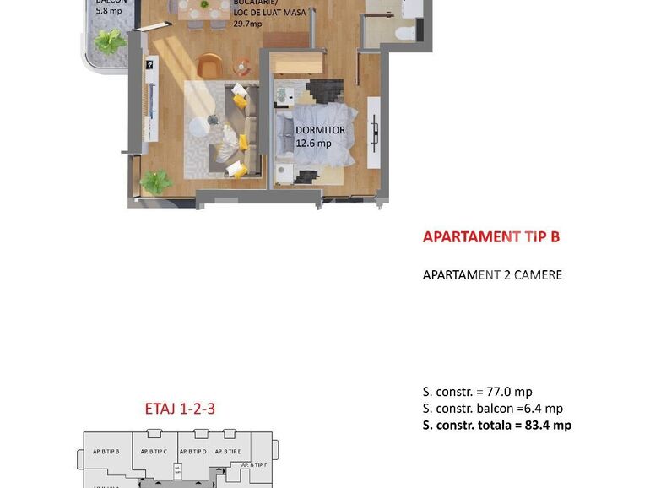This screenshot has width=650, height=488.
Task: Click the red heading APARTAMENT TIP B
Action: click(490, 237)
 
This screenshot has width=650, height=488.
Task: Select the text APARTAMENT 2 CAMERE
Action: click(492, 275)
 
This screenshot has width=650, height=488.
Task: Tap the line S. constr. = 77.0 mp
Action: click(477, 392)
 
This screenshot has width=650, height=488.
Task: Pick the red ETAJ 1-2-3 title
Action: click(180, 409)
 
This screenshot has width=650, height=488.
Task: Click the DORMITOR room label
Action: click(320, 130)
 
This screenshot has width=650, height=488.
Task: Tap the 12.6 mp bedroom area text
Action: click(313, 143)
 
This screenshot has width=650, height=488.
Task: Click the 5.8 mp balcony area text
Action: click(108, 11)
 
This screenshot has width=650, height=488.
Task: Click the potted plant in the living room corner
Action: click(154, 181)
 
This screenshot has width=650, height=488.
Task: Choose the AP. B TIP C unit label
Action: click(154, 452)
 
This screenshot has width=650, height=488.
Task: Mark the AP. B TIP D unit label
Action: click(192, 452)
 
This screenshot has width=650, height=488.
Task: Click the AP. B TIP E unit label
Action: click(228, 452)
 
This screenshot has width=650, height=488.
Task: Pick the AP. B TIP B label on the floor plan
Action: click(106, 452)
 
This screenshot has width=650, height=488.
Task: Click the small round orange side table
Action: click(243, 66)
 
